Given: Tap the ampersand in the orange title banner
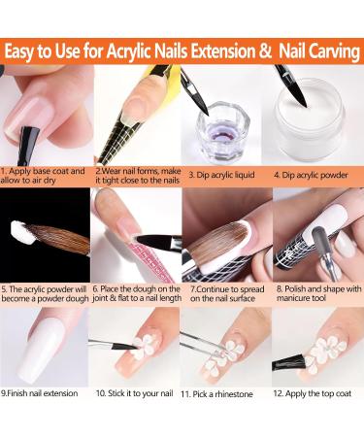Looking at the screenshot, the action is (x=265, y=51).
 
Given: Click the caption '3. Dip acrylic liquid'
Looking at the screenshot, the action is (x=221, y=175).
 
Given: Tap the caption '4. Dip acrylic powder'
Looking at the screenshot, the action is (x=311, y=175).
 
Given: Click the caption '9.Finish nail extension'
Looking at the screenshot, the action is (x=40, y=393).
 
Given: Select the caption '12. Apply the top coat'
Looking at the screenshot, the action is (x=313, y=393).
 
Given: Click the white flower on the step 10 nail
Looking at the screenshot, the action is (x=144, y=348).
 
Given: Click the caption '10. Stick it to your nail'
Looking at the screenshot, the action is (x=135, y=393).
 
